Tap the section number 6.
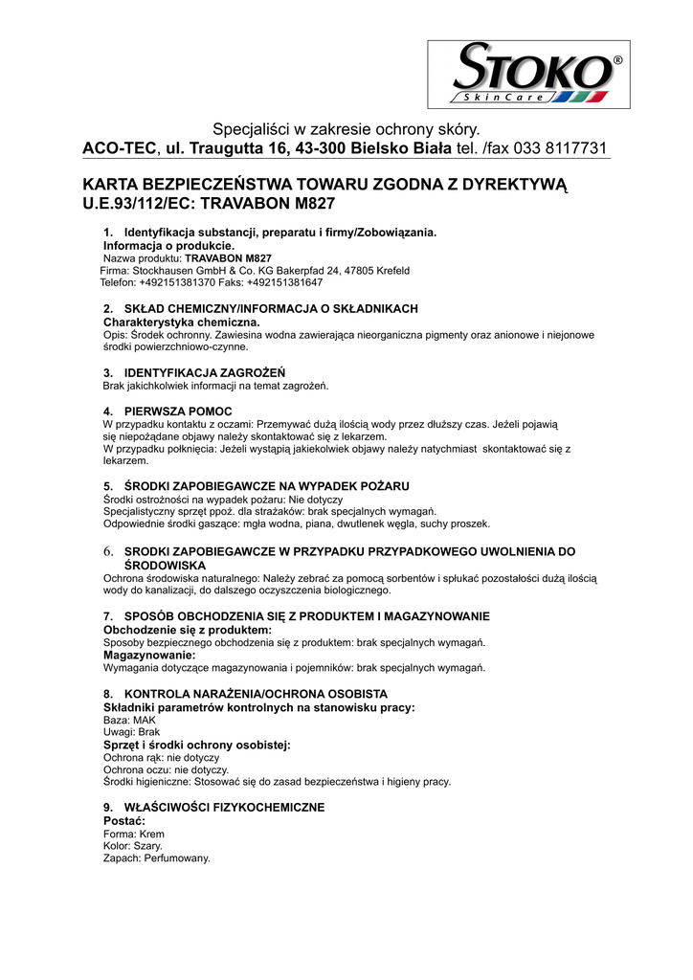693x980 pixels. [x=108, y=552]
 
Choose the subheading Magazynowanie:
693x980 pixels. [x=142, y=655]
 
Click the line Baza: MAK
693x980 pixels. [x=129, y=719]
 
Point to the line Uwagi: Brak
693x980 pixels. [x=132, y=732]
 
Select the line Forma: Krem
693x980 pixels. [x=133, y=834]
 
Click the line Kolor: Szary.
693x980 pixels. [x=132, y=846]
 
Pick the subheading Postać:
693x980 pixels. [x=124, y=821]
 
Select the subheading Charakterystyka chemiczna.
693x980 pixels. [x=179, y=322]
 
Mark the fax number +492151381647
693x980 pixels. [x=284, y=283]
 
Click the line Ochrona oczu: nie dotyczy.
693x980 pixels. [x=166, y=769]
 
